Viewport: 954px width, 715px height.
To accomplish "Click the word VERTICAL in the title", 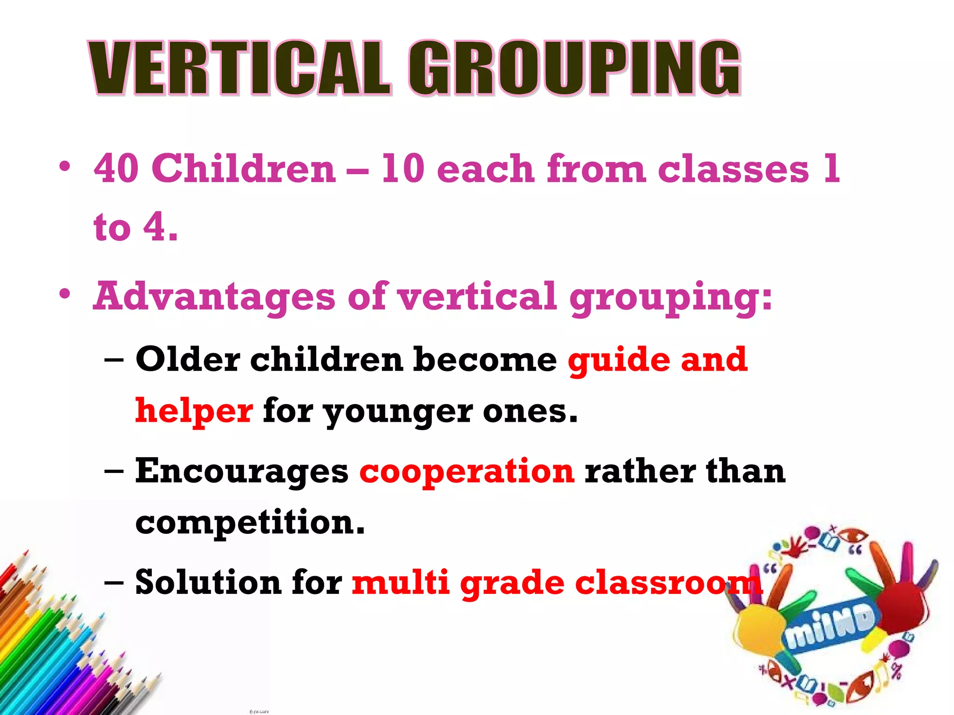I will (x=240, y=68).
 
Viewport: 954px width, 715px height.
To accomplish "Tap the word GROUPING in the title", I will (x=574, y=68).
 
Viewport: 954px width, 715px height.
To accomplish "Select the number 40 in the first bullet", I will (x=116, y=169).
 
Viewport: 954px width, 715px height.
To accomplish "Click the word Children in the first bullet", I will (x=243, y=169).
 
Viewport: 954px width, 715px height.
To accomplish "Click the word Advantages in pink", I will (x=214, y=297).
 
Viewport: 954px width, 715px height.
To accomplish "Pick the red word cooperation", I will (x=467, y=471).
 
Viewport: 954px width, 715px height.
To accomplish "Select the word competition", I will (x=250, y=522).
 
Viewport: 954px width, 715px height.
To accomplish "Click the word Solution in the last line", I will (x=208, y=582).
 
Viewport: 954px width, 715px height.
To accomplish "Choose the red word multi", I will (x=400, y=582).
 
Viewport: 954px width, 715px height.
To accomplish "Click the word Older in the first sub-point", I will (x=187, y=359).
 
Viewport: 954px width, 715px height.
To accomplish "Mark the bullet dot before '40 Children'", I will (x=65, y=166).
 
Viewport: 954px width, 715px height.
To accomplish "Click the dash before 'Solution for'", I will (x=114, y=582).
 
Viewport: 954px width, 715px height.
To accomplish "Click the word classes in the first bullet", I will (x=734, y=169).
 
